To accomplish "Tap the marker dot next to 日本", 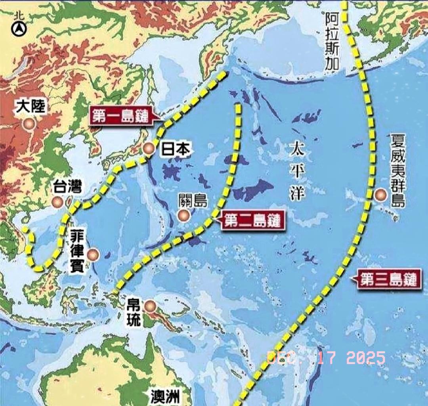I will coord(149,149).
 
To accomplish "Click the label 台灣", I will coord(68,187).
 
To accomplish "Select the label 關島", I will coord(193,201).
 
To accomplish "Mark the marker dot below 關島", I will coord(183,215).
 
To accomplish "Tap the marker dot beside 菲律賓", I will coord(94,255).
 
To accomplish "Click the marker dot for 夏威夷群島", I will coord(380,195).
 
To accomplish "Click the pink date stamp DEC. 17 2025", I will coord(326,358).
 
